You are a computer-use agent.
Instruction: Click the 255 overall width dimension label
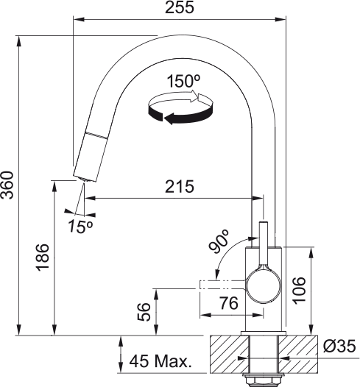180,7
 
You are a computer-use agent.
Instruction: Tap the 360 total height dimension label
7,185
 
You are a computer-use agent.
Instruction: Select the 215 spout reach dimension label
180,186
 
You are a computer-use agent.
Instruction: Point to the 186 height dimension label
43,258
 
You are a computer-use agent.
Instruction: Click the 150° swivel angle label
183,81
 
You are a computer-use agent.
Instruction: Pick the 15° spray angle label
80,226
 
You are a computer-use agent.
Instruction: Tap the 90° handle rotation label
219,241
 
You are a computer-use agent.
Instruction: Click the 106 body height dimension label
299,291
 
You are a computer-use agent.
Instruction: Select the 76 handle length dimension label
229,303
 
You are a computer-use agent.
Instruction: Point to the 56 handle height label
144,312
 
